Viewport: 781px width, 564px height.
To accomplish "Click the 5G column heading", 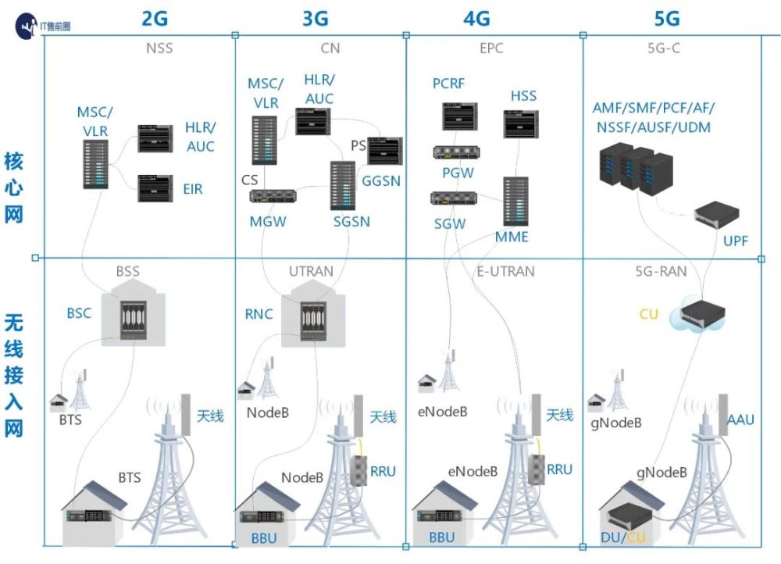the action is pyautogui.click(x=666, y=19).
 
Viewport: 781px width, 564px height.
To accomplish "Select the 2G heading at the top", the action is pyautogui.click(x=155, y=19).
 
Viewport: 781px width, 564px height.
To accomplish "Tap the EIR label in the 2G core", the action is pyautogui.click(x=193, y=189).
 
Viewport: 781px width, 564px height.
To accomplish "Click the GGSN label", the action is pyautogui.click(x=381, y=181).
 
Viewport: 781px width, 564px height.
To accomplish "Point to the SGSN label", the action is pyautogui.click(x=351, y=222).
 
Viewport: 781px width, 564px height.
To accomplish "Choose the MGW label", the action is pyautogui.click(x=268, y=222).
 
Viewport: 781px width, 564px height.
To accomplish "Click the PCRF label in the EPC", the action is pyautogui.click(x=448, y=84).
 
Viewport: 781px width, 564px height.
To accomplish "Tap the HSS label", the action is pyautogui.click(x=523, y=95).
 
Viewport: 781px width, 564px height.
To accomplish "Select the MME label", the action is pyautogui.click(x=512, y=237).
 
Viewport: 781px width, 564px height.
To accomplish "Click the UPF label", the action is pyautogui.click(x=735, y=241).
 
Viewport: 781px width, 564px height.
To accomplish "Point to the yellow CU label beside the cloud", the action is pyautogui.click(x=648, y=314).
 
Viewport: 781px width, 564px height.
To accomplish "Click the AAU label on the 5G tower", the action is pyautogui.click(x=740, y=420).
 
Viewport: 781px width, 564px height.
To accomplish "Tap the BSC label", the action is pyautogui.click(x=79, y=313).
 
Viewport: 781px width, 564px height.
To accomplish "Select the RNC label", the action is pyautogui.click(x=259, y=314).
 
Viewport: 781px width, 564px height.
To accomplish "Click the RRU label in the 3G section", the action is pyautogui.click(x=383, y=471).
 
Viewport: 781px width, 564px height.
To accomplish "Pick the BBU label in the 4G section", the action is pyautogui.click(x=442, y=537).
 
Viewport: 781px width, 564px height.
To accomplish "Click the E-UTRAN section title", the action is pyautogui.click(x=505, y=272).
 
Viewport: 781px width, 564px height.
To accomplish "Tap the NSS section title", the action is pyautogui.click(x=159, y=48).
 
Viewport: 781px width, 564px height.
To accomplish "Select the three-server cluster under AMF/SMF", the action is pyautogui.click(x=636, y=170).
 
